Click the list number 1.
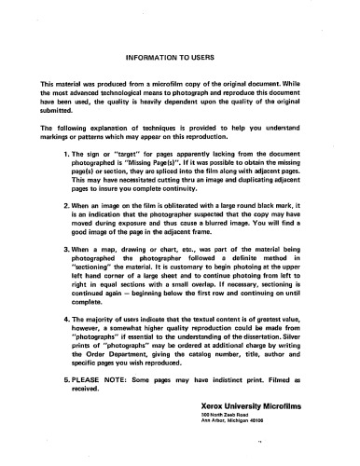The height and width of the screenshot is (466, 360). pos(63,152)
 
